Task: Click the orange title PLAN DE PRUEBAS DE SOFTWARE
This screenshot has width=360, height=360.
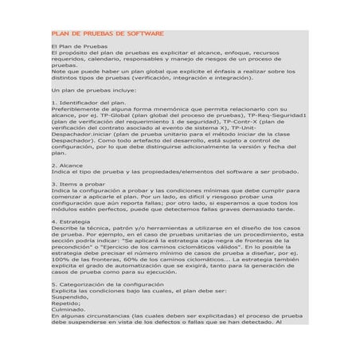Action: (108, 34)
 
